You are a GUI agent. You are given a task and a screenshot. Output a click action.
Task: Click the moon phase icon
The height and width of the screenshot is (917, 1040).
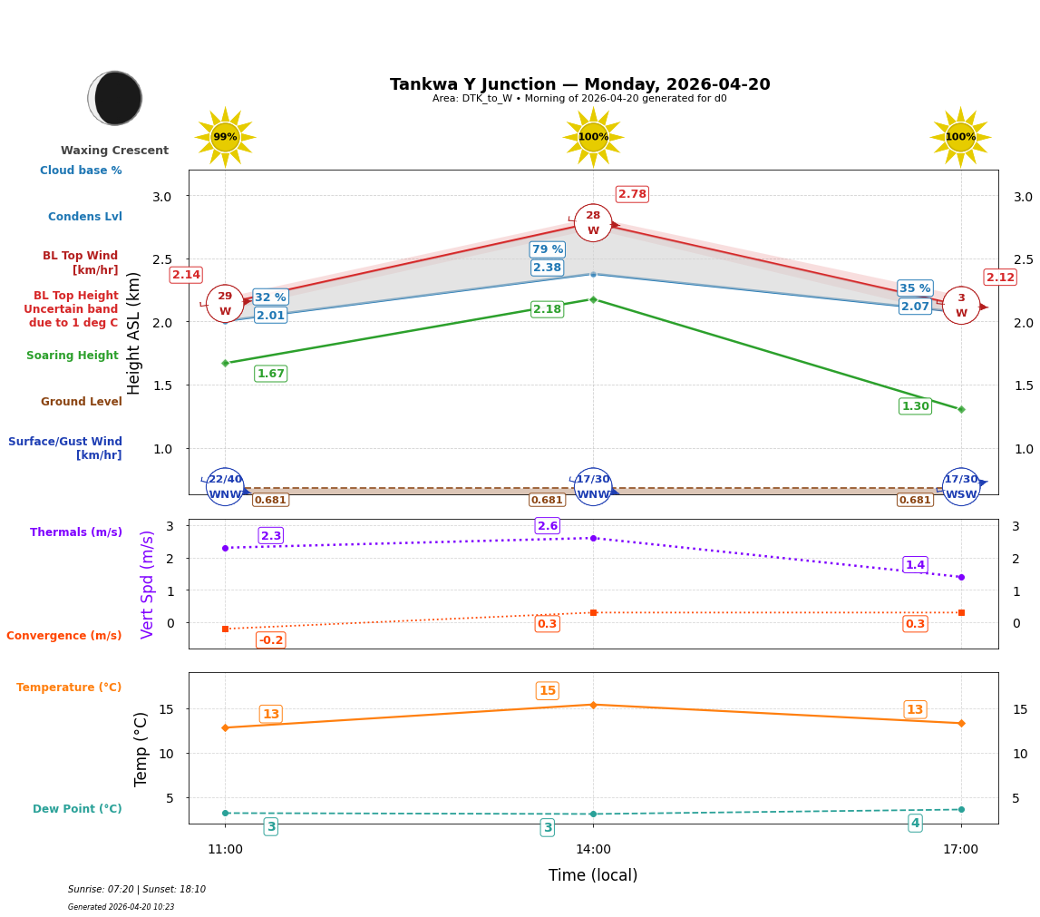tap(115, 98)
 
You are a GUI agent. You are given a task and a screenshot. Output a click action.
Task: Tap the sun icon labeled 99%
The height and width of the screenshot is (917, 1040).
tap(225, 137)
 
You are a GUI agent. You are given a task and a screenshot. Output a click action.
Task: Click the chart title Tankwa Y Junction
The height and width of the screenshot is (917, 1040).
tap(579, 84)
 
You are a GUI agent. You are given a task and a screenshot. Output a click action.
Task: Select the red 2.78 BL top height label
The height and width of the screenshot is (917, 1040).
tap(632, 194)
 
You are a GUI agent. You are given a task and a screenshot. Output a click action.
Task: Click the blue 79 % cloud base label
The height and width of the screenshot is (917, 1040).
tap(547, 249)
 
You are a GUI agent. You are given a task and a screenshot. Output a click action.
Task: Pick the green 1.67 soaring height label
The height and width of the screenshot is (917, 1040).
tap(270, 374)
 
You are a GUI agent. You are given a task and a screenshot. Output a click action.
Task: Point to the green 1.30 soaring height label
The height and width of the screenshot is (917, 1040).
tap(915, 406)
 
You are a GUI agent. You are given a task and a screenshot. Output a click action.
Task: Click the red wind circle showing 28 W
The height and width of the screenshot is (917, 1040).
tap(593, 222)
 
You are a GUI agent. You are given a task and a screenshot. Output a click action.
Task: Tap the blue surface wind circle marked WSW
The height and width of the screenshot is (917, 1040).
tap(961, 487)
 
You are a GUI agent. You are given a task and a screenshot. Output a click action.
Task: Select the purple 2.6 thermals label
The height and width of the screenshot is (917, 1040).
tap(548, 526)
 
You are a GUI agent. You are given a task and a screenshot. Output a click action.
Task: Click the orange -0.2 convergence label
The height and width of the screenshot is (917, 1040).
tap(270, 640)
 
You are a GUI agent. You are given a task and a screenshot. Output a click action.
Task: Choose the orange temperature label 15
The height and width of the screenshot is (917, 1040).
tap(548, 691)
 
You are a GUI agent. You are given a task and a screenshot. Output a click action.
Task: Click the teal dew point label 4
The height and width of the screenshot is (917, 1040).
tap(915, 824)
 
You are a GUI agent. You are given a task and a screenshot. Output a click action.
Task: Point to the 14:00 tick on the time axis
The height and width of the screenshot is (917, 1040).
tap(593, 850)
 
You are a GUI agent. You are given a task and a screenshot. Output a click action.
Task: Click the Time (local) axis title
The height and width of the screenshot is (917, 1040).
tap(593, 875)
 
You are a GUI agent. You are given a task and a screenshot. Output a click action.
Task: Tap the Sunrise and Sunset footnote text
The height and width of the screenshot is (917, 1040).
tap(137, 890)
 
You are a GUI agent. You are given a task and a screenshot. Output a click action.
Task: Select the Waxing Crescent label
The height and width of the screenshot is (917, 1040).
tap(114, 151)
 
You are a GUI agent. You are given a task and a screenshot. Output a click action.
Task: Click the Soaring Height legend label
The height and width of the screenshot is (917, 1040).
tap(73, 356)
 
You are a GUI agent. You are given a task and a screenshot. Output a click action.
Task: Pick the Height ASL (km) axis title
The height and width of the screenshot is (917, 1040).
tap(134, 332)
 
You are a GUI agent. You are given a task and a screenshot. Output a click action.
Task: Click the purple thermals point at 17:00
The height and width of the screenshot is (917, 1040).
tap(961, 577)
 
